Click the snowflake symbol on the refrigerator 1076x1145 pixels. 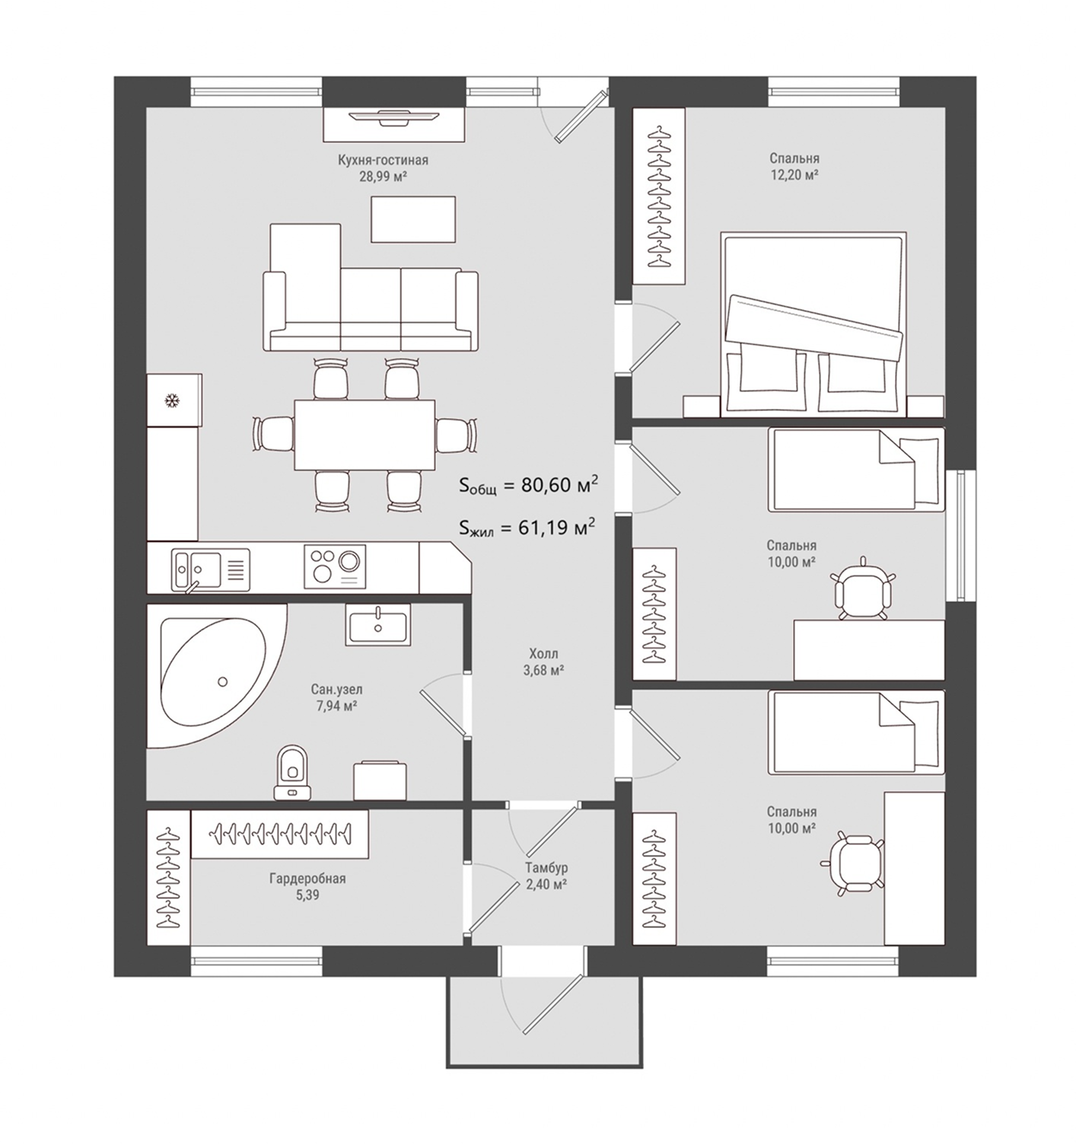[x=172, y=400]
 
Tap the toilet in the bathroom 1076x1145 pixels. [x=293, y=773]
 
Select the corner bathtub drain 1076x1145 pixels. [x=222, y=682]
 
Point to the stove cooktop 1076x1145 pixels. [x=335, y=567]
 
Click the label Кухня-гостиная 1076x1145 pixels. [x=383, y=160]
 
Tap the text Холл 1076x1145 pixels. [x=543, y=655]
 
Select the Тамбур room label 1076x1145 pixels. [x=546, y=868]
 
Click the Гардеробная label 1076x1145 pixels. [x=307, y=879]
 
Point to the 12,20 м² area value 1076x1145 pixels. [x=794, y=174]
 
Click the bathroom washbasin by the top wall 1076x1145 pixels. [x=378, y=624]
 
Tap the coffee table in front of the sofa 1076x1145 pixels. [x=412, y=219]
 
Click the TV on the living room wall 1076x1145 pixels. [x=393, y=117]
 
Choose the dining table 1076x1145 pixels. [x=365, y=435]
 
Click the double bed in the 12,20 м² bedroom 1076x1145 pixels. [x=813, y=324]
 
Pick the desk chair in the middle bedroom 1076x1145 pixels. [x=862, y=590]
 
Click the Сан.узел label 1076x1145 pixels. [x=336, y=690]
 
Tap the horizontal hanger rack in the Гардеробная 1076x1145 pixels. [x=279, y=834]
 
